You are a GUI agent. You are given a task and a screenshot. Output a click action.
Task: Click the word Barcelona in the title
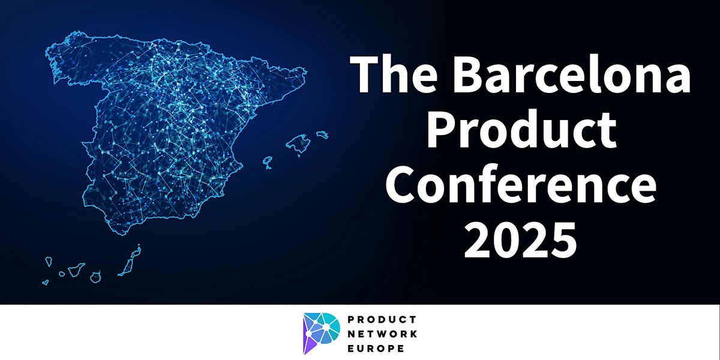571,74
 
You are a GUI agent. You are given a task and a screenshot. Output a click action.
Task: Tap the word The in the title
394,74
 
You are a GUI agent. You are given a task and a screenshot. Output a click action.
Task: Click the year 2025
520,240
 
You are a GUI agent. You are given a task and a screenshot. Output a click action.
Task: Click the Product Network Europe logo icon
321,334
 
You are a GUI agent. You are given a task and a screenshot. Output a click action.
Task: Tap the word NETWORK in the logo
383,334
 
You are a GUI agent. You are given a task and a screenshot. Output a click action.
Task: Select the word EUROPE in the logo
376,349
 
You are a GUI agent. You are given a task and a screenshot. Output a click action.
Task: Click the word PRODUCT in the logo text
382,319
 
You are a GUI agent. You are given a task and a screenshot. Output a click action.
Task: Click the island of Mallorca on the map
299,144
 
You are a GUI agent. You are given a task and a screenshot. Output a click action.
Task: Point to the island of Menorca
322,134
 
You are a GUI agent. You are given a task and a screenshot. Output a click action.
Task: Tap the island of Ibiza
268,162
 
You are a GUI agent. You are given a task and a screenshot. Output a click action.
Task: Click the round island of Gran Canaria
95,277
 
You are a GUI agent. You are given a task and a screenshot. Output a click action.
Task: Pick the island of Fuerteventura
128,265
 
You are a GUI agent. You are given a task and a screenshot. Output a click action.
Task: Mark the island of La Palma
49,262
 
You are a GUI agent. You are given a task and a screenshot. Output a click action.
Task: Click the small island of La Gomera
62,274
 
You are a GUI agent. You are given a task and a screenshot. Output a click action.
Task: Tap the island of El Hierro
46,282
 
